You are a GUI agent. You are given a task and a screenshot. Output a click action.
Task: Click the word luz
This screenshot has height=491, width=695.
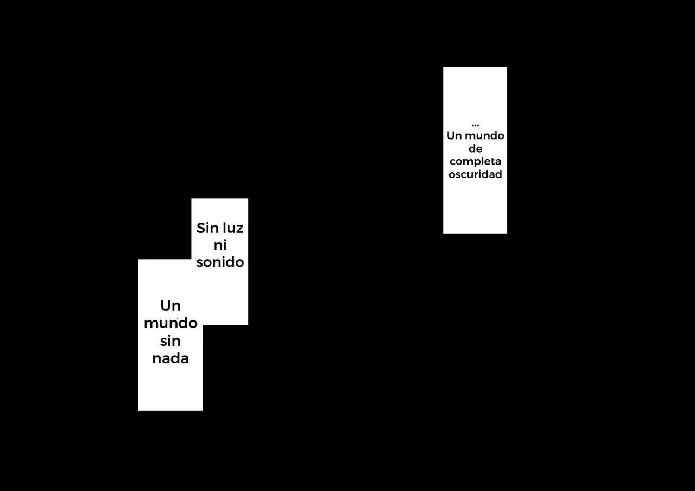coord(233,228)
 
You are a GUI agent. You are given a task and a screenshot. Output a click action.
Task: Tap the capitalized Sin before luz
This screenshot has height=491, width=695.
coord(207,228)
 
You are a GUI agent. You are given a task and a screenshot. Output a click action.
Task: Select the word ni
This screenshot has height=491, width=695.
coord(220,245)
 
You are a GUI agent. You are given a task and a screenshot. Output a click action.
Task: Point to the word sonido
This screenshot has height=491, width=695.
coord(220,262)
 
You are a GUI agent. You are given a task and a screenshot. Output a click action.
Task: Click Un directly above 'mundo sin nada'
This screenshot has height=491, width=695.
coord(170,306)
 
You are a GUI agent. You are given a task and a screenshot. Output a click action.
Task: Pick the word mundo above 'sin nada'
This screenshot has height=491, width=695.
coord(170,323)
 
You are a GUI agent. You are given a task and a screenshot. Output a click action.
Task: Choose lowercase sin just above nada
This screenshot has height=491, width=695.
coord(170,341)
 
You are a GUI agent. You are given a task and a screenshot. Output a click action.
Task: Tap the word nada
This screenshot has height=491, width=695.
coord(170,358)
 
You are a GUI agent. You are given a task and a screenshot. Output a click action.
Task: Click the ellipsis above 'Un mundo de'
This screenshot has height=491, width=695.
coord(475,125)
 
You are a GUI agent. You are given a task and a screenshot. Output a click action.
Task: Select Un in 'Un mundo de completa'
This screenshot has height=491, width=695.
coord(454,136)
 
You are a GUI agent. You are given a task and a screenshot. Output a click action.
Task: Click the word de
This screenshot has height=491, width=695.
coord(475,149)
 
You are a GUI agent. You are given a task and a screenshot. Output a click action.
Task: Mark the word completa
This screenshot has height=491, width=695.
coord(475,162)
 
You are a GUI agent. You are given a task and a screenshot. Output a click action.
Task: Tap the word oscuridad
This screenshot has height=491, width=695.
coord(475,174)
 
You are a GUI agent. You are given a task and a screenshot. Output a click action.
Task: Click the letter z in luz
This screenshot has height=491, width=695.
coord(239,230)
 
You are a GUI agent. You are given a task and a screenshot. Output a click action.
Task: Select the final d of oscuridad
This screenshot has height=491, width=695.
coord(498,174)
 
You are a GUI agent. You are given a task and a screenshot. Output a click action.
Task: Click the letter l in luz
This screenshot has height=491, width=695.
coord(224,228)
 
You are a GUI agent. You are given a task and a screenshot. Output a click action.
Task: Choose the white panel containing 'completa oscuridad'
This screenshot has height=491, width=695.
coord(475,150)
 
